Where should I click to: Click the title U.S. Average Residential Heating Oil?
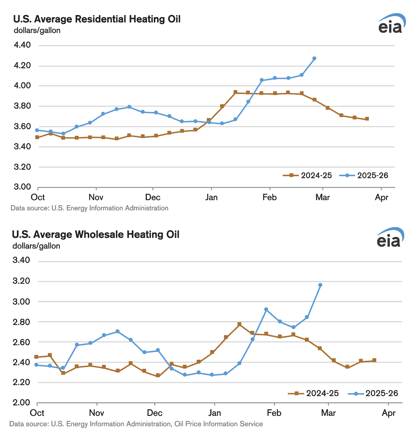(97, 19)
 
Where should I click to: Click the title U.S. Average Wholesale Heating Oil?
(95, 234)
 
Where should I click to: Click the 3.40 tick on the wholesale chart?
(21, 261)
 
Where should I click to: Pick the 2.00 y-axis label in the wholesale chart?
(21, 403)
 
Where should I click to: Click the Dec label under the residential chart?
(153, 197)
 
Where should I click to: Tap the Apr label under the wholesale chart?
(389, 413)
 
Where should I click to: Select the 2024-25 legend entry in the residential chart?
(308, 175)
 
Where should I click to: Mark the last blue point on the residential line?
(314, 58)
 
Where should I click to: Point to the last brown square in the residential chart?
(367, 119)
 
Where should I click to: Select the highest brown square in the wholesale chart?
(239, 324)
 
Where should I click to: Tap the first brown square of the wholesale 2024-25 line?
(36, 357)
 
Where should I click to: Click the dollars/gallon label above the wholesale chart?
(36, 246)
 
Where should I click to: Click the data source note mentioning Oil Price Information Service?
(136, 424)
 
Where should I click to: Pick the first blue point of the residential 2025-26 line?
(37, 130)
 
